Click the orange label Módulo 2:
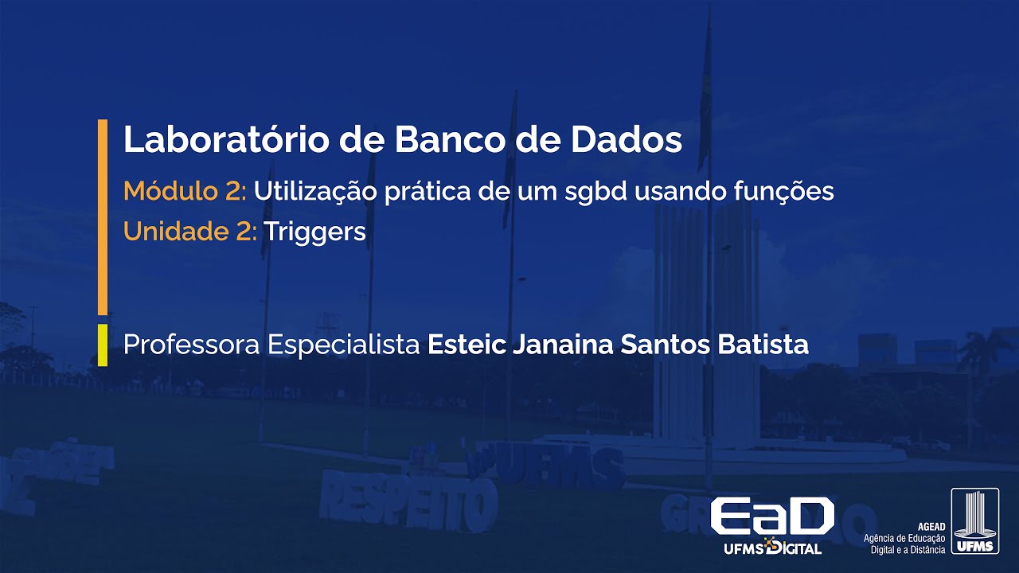tap(185, 192)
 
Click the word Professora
tap(192, 345)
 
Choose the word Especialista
tap(344, 345)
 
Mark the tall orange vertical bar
tap(102, 216)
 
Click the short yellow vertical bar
tap(102, 345)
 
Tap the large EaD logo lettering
tap(771, 517)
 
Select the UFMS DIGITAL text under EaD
tap(771, 548)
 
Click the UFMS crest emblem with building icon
tap(975, 521)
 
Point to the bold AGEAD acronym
tap(931, 526)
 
